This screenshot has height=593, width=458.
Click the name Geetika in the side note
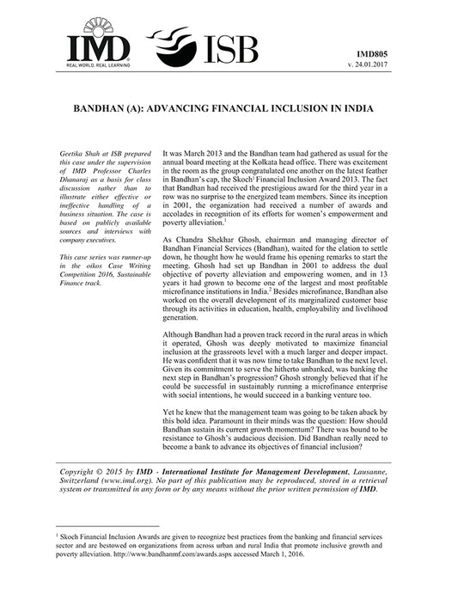pos(66,150)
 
